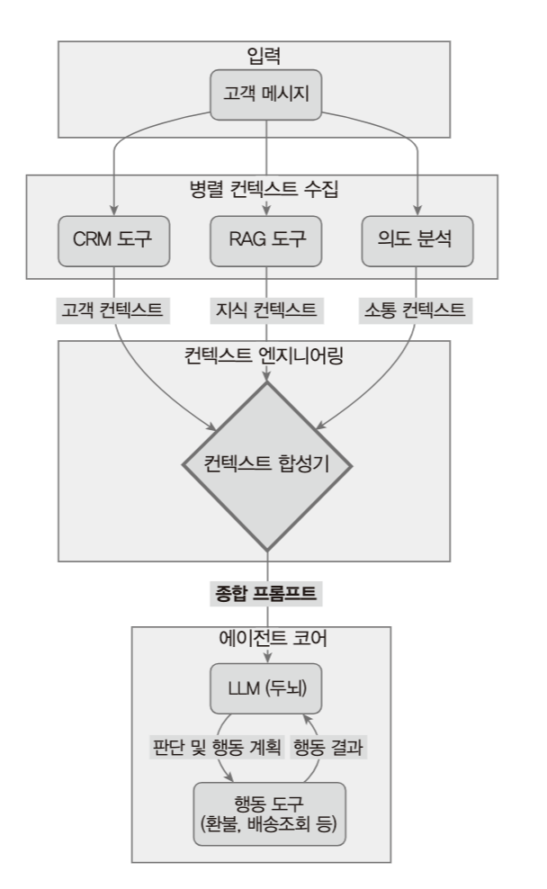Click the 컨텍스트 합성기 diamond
click(266, 466)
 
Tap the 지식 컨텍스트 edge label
click(266, 310)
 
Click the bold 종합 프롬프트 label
click(266, 594)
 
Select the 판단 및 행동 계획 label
click(215, 746)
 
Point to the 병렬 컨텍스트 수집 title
click(266, 190)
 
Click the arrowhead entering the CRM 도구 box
click(115, 208)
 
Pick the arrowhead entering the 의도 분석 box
click(417, 208)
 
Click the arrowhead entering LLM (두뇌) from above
click(266, 660)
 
